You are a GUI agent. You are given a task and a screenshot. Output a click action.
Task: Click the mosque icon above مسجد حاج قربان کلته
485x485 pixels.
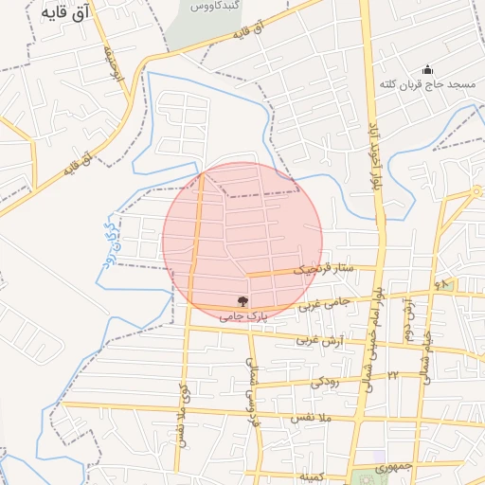(427, 69)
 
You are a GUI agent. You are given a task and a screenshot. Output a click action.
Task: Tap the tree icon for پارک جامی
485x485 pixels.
(243, 302)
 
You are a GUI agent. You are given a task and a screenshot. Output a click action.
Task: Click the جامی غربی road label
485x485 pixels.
(324, 304)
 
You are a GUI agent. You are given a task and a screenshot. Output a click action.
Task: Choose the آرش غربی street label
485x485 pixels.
(317, 339)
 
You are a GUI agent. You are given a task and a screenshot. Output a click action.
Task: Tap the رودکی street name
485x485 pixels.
(324, 382)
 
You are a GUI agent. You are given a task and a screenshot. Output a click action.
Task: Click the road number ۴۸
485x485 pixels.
(441, 284)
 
